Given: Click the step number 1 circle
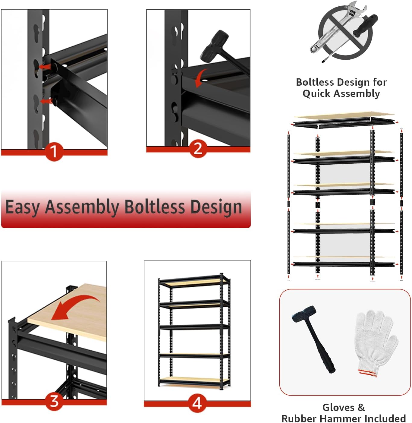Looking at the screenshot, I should (x=54, y=151).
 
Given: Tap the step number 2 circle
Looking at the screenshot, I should (x=198, y=149).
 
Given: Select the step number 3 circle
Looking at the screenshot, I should (x=54, y=401).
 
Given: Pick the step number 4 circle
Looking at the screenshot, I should (x=197, y=403).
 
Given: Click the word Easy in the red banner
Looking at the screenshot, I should (x=23, y=208).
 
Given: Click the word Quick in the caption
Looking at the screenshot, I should (x=316, y=93).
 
